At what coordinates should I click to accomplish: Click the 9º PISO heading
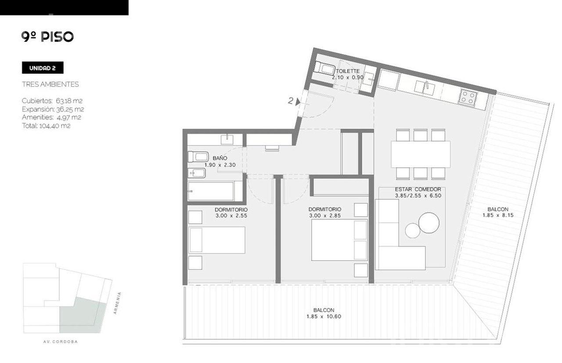47,37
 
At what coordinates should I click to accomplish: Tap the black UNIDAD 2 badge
43,68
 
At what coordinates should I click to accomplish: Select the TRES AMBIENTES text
50,84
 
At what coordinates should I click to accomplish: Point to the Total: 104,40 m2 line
46,126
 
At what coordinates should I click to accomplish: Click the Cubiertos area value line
52,101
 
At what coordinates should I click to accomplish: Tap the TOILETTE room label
348,71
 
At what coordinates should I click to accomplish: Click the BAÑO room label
220,158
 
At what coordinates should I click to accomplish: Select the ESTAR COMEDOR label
418,189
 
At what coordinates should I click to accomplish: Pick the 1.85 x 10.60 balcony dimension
324,316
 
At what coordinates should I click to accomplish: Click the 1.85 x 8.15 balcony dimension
498,215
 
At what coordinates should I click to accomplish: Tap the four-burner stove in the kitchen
468,97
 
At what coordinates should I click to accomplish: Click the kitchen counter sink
424,88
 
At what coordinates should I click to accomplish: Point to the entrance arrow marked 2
298,101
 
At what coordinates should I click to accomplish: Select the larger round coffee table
429,223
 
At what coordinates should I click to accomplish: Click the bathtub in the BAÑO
211,191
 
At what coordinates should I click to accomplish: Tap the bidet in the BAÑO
197,173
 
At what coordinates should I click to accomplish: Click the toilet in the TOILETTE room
325,69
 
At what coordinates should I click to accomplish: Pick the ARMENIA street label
117,303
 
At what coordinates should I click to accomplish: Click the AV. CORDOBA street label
61,341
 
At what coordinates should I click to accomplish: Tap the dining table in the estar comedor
421,154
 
